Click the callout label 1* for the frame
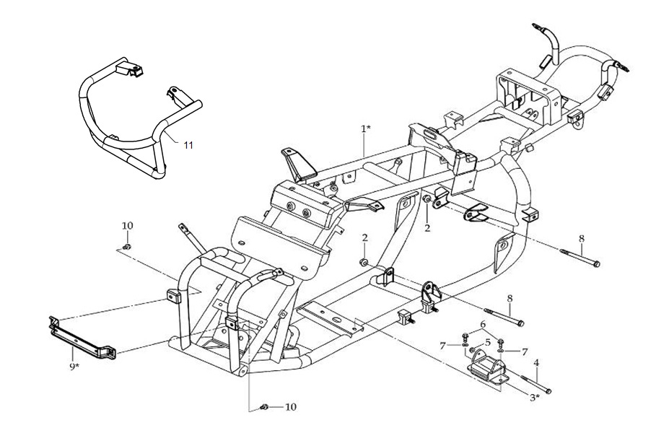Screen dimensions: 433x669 click(367, 128)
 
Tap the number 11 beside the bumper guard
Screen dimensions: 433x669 click(188, 145)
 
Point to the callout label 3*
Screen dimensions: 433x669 click(535, 397)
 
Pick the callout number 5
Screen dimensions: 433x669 click(488, 342)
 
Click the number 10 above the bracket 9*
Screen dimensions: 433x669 click(127, 226)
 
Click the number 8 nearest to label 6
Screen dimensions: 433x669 click(509, 297)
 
